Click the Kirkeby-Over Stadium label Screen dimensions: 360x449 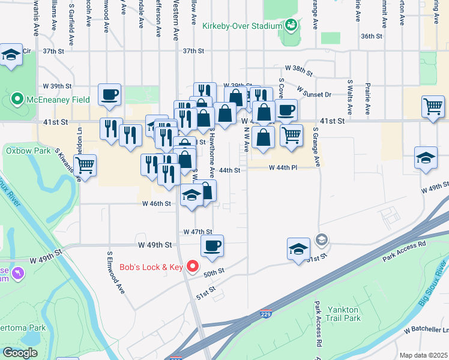pyautogui.click(x=242, y=26)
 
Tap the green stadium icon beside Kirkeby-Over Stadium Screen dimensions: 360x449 pyautogui.click(x=291, y=25)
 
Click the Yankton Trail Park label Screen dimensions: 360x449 pyautogui.click(x=343, y=314)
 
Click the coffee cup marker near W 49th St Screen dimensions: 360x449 pyautogui.click(x=212, y=246)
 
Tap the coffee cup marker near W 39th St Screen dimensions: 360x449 pyautogui.click(x=110, y=95)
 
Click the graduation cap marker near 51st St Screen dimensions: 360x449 pyautogui.click(x=298, y=249)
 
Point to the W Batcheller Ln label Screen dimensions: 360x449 pyautogui.click(x=426, y=330)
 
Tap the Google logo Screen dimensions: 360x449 pyautogui.click(x=20, y=352)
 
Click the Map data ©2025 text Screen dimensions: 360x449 pyautogui.click(x=423, y=355)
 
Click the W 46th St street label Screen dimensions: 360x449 pyautogui.click(x=157, y=203)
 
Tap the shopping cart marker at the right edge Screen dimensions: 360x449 pyautogui.click(x=433, y=107)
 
